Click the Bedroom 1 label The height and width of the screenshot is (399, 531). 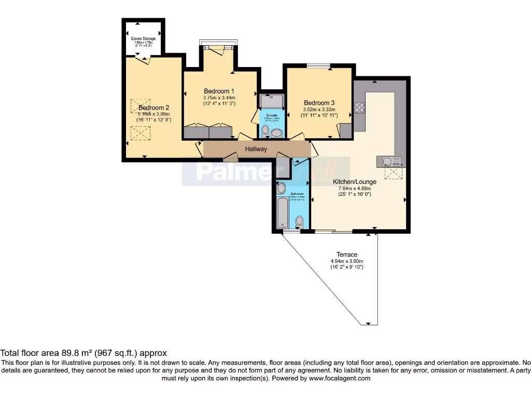point(219,91)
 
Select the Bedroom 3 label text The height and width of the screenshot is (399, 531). point(319,102)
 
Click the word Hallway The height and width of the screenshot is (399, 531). point(256,149)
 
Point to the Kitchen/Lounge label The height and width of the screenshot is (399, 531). point(357,182)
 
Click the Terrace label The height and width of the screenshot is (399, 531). point(347,255)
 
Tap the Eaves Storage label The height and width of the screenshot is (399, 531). point(143,38)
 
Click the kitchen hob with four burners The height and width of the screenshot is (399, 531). point(359,108)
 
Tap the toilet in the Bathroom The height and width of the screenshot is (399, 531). point(299,222)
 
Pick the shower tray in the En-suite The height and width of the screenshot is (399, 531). point(272,101)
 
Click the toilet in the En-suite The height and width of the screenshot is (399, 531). point(265,131)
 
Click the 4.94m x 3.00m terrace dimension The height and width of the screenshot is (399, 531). point(347,261)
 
